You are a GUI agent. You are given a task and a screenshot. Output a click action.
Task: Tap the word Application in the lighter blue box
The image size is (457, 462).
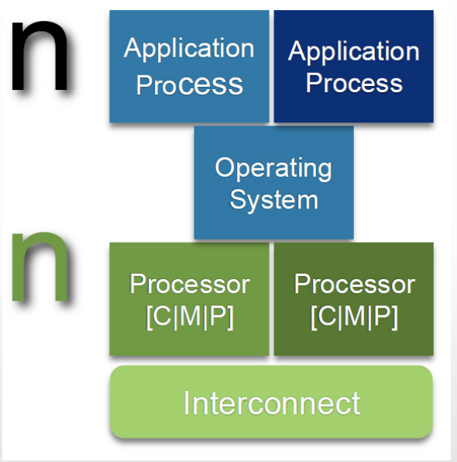(x=189, y=49)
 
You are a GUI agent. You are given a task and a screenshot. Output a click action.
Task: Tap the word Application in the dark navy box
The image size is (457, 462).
(x=354, y=52)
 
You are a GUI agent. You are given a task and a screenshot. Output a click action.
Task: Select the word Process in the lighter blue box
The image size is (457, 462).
(x=189, y=84)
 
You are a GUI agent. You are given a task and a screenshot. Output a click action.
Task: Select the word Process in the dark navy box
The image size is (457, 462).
(x=354, y=83)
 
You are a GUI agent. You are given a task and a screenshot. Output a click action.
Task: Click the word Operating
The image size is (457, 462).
(x=273, y=168)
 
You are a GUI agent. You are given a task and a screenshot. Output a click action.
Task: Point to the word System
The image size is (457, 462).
(x=274, y=200)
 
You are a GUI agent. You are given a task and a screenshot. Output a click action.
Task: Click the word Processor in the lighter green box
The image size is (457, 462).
(x=190, y=284)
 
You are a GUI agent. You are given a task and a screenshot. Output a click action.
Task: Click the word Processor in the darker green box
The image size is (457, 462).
(x=355, y=284)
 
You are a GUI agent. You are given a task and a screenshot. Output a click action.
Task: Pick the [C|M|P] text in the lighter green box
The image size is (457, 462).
(x=190, y=317)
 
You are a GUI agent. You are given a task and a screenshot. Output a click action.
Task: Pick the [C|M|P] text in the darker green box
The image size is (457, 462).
(x=355, y=317)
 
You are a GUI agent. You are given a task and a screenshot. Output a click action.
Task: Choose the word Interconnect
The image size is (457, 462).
(x=272, y=403)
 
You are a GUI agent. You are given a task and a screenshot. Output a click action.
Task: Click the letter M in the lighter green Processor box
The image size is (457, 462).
(x=190, y=315)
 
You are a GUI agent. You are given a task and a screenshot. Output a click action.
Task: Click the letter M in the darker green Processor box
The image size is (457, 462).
(x=354, y=315)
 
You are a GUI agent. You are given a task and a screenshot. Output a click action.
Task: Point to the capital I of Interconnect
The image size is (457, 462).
(x=186, y=403)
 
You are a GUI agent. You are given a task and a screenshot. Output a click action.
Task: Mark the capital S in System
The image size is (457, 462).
(x=239, y=199)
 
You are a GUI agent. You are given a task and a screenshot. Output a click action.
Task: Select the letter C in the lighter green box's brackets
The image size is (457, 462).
(x=162, y=315)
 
